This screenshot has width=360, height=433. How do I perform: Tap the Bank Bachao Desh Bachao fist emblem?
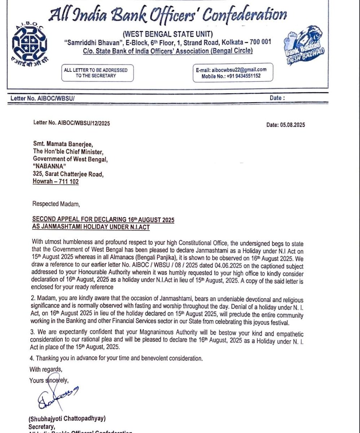click(303, 47)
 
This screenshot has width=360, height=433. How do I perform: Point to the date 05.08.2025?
click(286, 125)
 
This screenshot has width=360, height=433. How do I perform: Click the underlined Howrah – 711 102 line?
click(56, 182)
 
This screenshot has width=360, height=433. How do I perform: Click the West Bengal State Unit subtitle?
click(167, 34)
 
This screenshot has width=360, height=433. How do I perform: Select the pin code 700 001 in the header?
click(258, 42)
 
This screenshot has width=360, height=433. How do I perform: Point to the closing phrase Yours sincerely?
click(49, 380)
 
